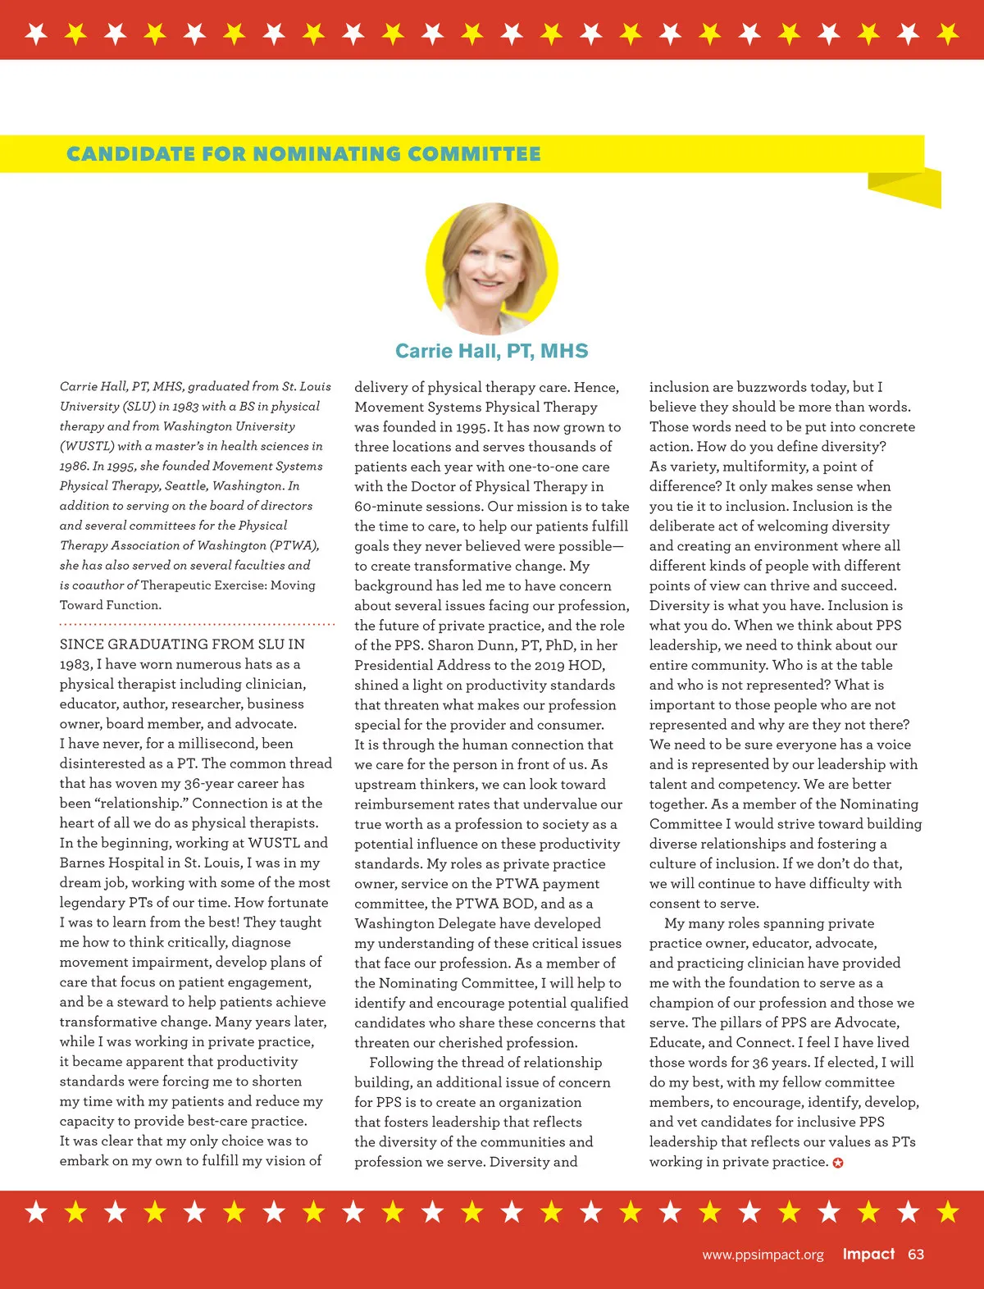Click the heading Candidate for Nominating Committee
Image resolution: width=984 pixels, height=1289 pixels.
[x=303, y=154]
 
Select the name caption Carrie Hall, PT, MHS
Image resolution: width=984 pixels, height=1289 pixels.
[x=492, y=351]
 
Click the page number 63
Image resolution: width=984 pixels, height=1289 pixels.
[x=916, y=1254]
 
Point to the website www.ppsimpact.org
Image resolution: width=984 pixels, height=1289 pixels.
[x=763, y=1255]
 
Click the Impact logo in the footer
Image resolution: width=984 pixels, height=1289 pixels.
[x=868, y=1254]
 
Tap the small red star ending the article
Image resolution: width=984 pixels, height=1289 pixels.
[x=838, y=1163]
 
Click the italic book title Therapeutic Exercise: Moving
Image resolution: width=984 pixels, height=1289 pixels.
[x=228, y=585]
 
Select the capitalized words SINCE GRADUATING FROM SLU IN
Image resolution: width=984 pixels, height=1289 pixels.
[x=182, y=644]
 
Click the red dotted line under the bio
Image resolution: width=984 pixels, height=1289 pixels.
[x=197, y=624]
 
